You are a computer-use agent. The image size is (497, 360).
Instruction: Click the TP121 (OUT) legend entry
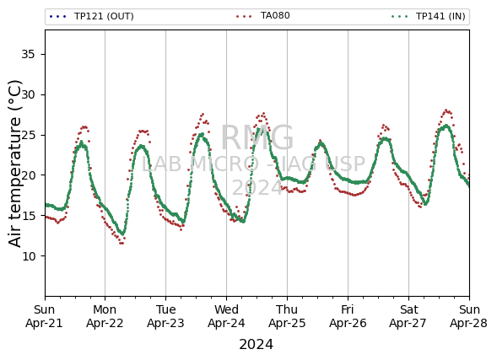92,16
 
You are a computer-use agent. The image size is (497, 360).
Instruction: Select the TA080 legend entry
262,15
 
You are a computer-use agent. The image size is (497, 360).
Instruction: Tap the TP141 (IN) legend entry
429,16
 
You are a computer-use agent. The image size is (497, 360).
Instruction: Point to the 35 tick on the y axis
28,55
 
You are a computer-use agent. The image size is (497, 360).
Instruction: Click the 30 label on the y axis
28,94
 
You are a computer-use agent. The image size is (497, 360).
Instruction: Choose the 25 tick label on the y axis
28,135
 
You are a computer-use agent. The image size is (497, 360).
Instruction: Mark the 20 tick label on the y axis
28,175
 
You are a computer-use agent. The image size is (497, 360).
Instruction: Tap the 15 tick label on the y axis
28,216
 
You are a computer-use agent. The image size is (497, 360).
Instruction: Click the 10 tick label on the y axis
28,255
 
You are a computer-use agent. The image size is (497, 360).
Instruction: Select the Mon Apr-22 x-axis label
105,316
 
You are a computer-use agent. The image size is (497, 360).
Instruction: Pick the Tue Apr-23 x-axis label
165,316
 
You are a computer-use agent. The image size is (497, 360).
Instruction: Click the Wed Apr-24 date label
226,316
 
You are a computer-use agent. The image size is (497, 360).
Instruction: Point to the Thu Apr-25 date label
287,316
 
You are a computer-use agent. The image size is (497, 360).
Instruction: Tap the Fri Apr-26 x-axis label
348,316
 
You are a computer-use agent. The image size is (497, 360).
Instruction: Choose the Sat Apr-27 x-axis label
408,316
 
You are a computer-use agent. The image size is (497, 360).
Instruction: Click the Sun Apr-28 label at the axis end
469,316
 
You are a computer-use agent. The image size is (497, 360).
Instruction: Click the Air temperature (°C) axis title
14,164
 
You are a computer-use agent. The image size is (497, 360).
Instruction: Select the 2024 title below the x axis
257,345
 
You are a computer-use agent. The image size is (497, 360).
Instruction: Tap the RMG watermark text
257,137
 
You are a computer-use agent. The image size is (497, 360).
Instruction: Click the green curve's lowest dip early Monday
122,234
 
